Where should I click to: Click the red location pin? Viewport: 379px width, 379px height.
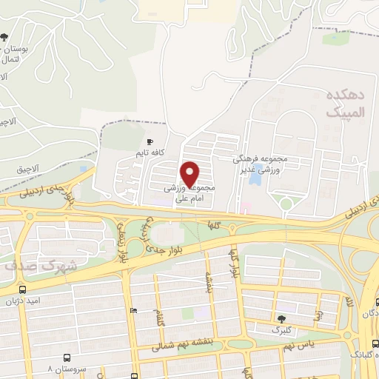point(191,175)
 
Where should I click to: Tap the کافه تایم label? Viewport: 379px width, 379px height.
point(150,153)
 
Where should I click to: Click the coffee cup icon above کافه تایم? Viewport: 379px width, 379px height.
point(150,141)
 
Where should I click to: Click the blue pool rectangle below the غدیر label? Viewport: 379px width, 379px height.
point(255,178)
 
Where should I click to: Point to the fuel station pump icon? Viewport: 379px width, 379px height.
point(133,311)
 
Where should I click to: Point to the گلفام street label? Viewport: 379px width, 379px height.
point(161,320)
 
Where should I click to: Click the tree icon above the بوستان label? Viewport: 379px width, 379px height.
point(6,36)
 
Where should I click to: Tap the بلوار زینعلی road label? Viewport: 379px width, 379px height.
point(121,249)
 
